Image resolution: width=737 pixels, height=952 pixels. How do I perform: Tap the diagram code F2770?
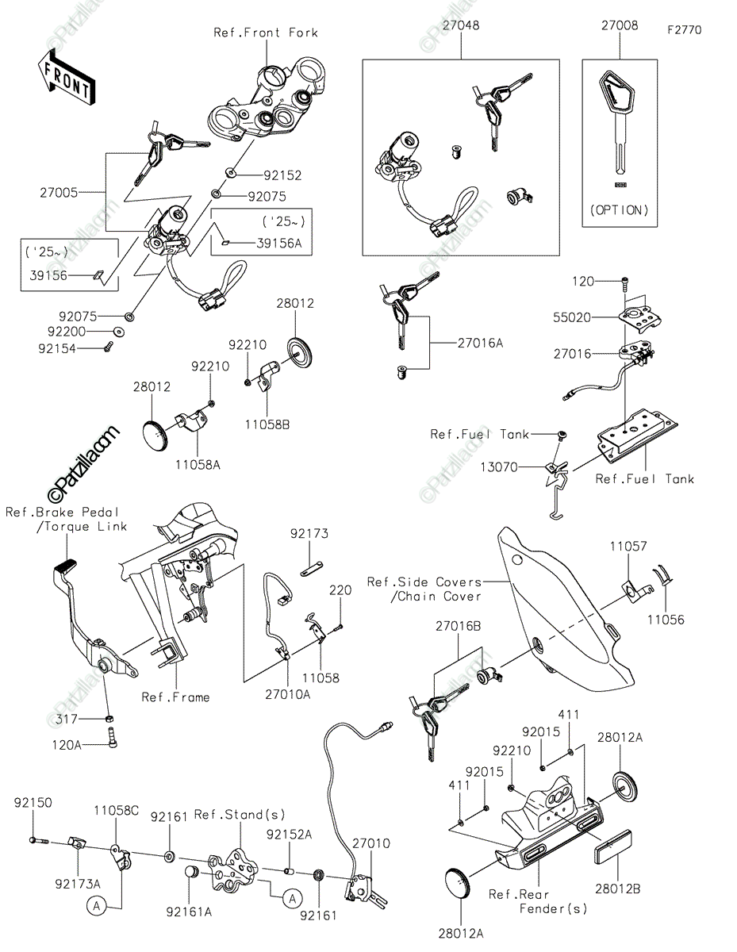tap(684, 30)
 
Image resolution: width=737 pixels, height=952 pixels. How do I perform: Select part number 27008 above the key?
tap(619, 25)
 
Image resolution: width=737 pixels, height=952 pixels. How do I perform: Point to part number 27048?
tap(460, 25)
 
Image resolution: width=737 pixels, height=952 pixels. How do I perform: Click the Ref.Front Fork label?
tap(266, 33)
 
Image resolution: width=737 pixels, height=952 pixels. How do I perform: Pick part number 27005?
tap(60, 192)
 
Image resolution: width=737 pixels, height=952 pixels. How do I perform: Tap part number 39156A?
tap(282, 244)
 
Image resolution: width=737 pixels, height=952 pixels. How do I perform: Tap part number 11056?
tap(664, 620)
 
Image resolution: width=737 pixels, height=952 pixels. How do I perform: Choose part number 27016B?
tap(457, 626)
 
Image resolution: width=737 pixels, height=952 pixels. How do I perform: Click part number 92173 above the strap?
tap(309, 534)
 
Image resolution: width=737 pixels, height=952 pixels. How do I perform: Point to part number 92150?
tap(33, 802)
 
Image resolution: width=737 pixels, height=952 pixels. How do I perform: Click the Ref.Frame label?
tap(176, 697)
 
